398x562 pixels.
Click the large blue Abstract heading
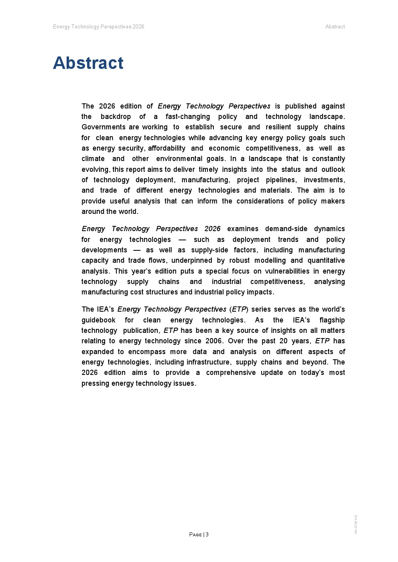click(88, 63)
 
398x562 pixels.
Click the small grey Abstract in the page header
click(335, 27)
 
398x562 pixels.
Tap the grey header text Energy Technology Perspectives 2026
click(99, 27)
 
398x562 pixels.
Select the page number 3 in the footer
click(207, 534)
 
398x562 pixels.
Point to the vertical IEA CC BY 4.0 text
click(356, 524)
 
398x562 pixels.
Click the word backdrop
click(116, 117)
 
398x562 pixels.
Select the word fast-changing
click(188, 117)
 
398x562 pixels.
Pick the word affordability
click(167, 148)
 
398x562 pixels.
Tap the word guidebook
click(98, 320)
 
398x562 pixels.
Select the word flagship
click(332, 320)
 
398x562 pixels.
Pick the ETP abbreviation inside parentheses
click(239, 309)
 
